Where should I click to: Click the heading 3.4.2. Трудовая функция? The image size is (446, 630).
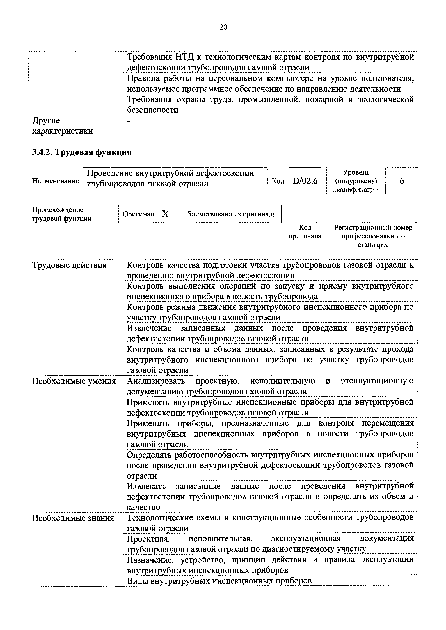[x=82, y=152]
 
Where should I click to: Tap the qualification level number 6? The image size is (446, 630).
[x=402, y=181]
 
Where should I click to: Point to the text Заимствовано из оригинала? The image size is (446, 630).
[x=232, y=214]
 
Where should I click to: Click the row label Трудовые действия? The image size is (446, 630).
[x=69, y=265]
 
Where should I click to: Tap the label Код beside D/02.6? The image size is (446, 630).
[x=278, y=181]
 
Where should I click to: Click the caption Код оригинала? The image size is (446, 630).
[x=305, y=232]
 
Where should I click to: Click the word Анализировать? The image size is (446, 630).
[x=156, y=381]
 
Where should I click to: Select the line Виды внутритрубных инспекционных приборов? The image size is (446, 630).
[x=219, y=581]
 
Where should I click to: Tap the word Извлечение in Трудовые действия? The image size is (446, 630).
[x=149, y=328]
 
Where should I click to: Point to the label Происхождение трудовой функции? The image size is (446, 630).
[x=62, y=214]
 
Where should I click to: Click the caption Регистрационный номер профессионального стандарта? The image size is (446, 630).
[x=373, y=236]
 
